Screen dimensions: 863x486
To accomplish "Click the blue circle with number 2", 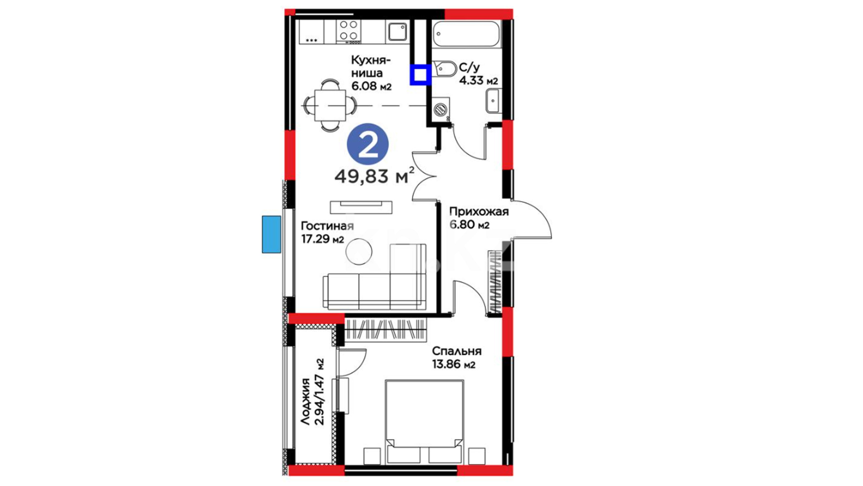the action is pyautogui.click(x=368, y=144).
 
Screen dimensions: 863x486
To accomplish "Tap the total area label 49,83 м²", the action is pyautogui.click(x=374, y=175).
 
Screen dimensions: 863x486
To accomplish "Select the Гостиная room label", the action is pyautogui.click(x=327, y=226).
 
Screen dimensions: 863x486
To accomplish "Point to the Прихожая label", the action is pyautogui.click(x=479, y=211).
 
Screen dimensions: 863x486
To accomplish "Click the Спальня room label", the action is pyautogui.click(x=457, y=351).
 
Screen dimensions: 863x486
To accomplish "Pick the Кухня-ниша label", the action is pyautogui.click(x=370, y=66).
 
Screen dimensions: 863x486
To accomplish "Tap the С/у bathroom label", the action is pyautogui.click(x=469, y=67).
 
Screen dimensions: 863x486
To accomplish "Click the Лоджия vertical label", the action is pyautogui.click(x=306, y=402).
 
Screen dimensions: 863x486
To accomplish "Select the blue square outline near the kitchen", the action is pyautogui.click(x=420, y=75).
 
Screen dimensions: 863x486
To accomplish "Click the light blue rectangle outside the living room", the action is pyautogui.click(x=271, y=234).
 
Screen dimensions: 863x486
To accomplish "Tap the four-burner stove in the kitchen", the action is pyautogui.click(x=349, y=31).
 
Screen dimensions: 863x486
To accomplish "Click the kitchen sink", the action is pyautogui.click(x=397, y=31).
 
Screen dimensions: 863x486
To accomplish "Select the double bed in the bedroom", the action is pyautogui.click(x=424, y=422).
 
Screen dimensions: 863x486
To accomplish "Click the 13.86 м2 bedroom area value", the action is pyautogui.click(x=454, y=364).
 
